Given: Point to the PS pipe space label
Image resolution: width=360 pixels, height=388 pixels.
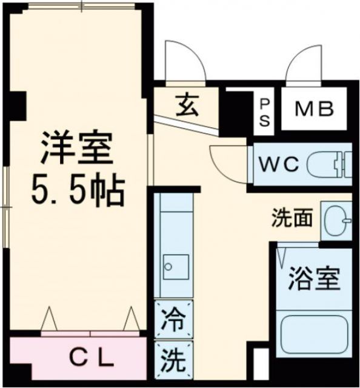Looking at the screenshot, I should (265, 112).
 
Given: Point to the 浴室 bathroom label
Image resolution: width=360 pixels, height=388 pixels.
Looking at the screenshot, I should (313, 280).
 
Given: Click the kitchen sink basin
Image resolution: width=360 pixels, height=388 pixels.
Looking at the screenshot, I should (175, 267).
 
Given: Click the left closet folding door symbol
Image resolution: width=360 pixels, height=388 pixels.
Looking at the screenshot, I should (49, 319).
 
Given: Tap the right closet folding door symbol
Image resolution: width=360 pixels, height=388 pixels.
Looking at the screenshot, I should (131, 319).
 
